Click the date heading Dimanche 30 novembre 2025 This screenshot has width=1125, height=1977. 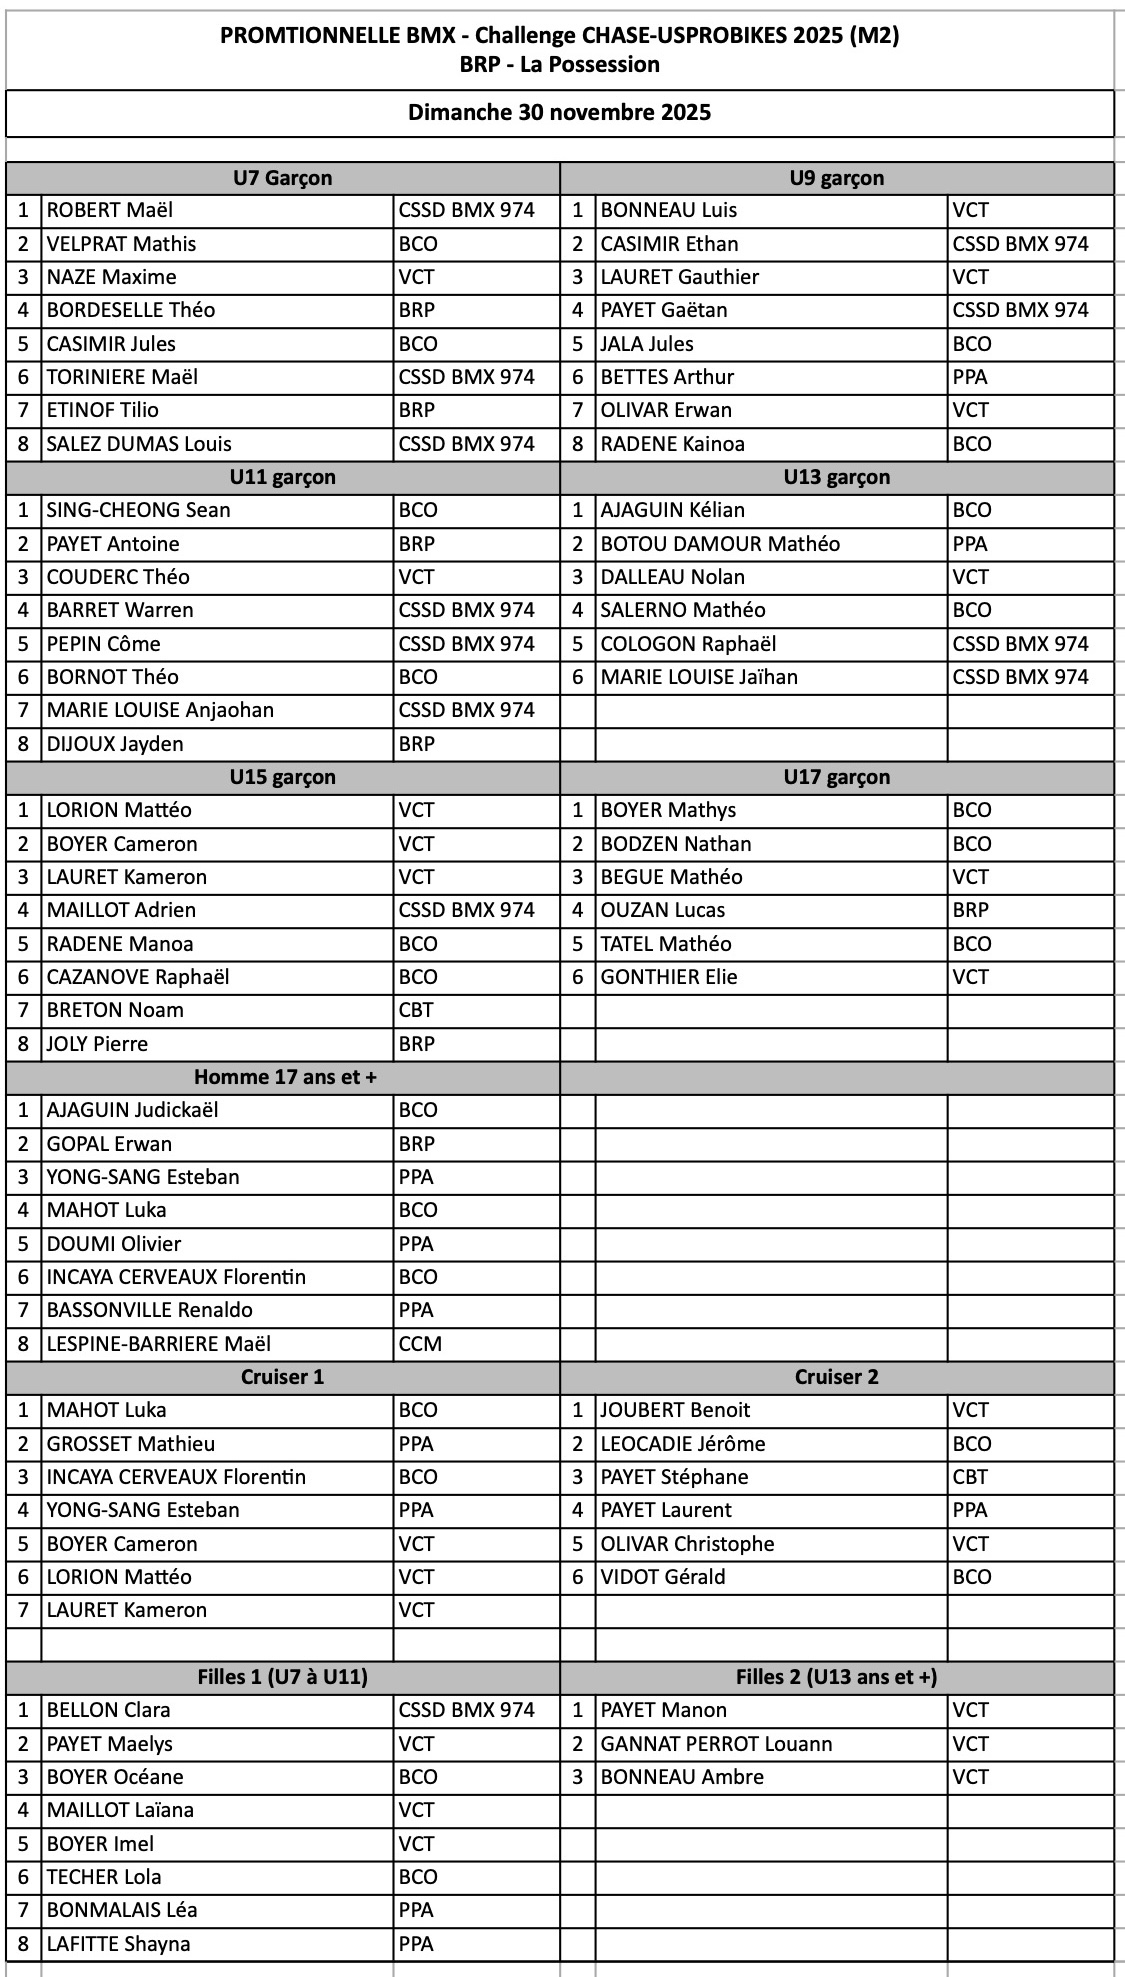tap(559, 112)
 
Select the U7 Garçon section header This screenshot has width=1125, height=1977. tap(282, 178)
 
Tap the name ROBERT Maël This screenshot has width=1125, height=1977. tap(110, 210)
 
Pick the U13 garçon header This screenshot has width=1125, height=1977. tap(836, 477)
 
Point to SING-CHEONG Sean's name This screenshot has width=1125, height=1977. tap(139, 510)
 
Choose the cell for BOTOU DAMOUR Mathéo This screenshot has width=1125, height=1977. tap(720, 544)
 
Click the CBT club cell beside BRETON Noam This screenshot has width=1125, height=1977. tap(416, 1010)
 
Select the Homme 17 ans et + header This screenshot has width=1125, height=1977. tap(282, 1077)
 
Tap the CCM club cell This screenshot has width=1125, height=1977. tap(420, 1344)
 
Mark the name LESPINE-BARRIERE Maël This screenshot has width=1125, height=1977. tap(159, 1344)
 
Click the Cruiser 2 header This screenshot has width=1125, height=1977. tap(836, 1377)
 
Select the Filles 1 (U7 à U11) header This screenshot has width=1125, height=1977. tap(282, 1677)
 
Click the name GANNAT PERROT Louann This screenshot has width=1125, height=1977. tap(716, 1744)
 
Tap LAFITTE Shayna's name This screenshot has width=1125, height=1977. tap(118, 1944)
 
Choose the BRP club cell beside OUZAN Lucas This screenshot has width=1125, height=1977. tap(970, 910)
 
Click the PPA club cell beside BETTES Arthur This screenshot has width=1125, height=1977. tap(969, 377)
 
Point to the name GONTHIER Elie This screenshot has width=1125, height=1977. tap(668, 977)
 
